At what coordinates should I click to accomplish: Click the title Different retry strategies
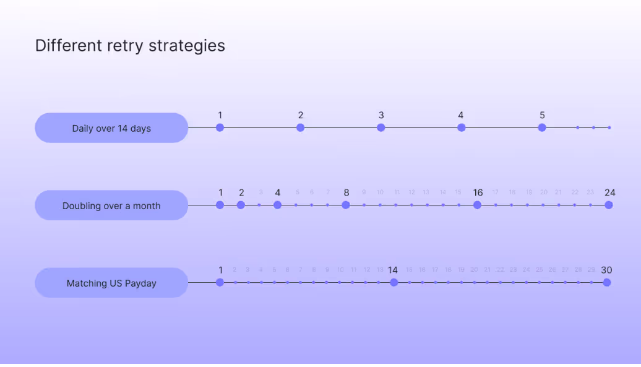pyautogui.click(x=130, y=46)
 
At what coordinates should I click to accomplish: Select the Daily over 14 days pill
pyautogui.click(x=111, y=128)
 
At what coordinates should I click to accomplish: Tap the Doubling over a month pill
pyautogui.click(x=111, y=205)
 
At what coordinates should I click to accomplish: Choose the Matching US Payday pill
pyautogui.click(x=111, y=283)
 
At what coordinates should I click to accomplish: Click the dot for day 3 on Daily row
pyautogui.click(x=381, y=127)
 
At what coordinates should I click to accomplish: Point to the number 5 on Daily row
pyautogui.click(x=542, y=115)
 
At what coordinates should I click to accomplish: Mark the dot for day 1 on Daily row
pyautogui.click(x=220, y=127)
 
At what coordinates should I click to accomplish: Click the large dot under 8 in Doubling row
pyautogui.click(x=346, y=205)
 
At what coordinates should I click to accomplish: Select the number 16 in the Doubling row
pyautogui.click(x=478, y=192)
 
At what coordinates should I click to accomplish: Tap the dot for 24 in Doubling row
pyautogui.click(x=609, y=205)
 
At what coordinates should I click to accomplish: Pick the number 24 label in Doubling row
pyautogui.click(x=610, y=192)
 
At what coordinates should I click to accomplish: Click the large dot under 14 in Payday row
pyautogui.click(x=394, y=282)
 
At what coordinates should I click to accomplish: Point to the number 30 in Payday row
pyautogui.click(x=606, y=270)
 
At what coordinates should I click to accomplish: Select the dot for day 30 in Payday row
pyautogui.click(x=607, y=282)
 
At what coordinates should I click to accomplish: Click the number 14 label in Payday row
pyautogui.click(x=393, y=270)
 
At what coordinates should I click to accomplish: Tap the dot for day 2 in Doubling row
pyautogui.click(x=241, y=205)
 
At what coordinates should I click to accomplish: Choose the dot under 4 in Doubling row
pyautogui.click(x=278, y=205)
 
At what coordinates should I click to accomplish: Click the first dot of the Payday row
pyautogui.click(x=220, y=282)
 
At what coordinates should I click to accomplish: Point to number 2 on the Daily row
pyautogui.click(x=301, y=115)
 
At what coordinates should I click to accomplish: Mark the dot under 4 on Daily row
pyautogui.click(x=461, y=127)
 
